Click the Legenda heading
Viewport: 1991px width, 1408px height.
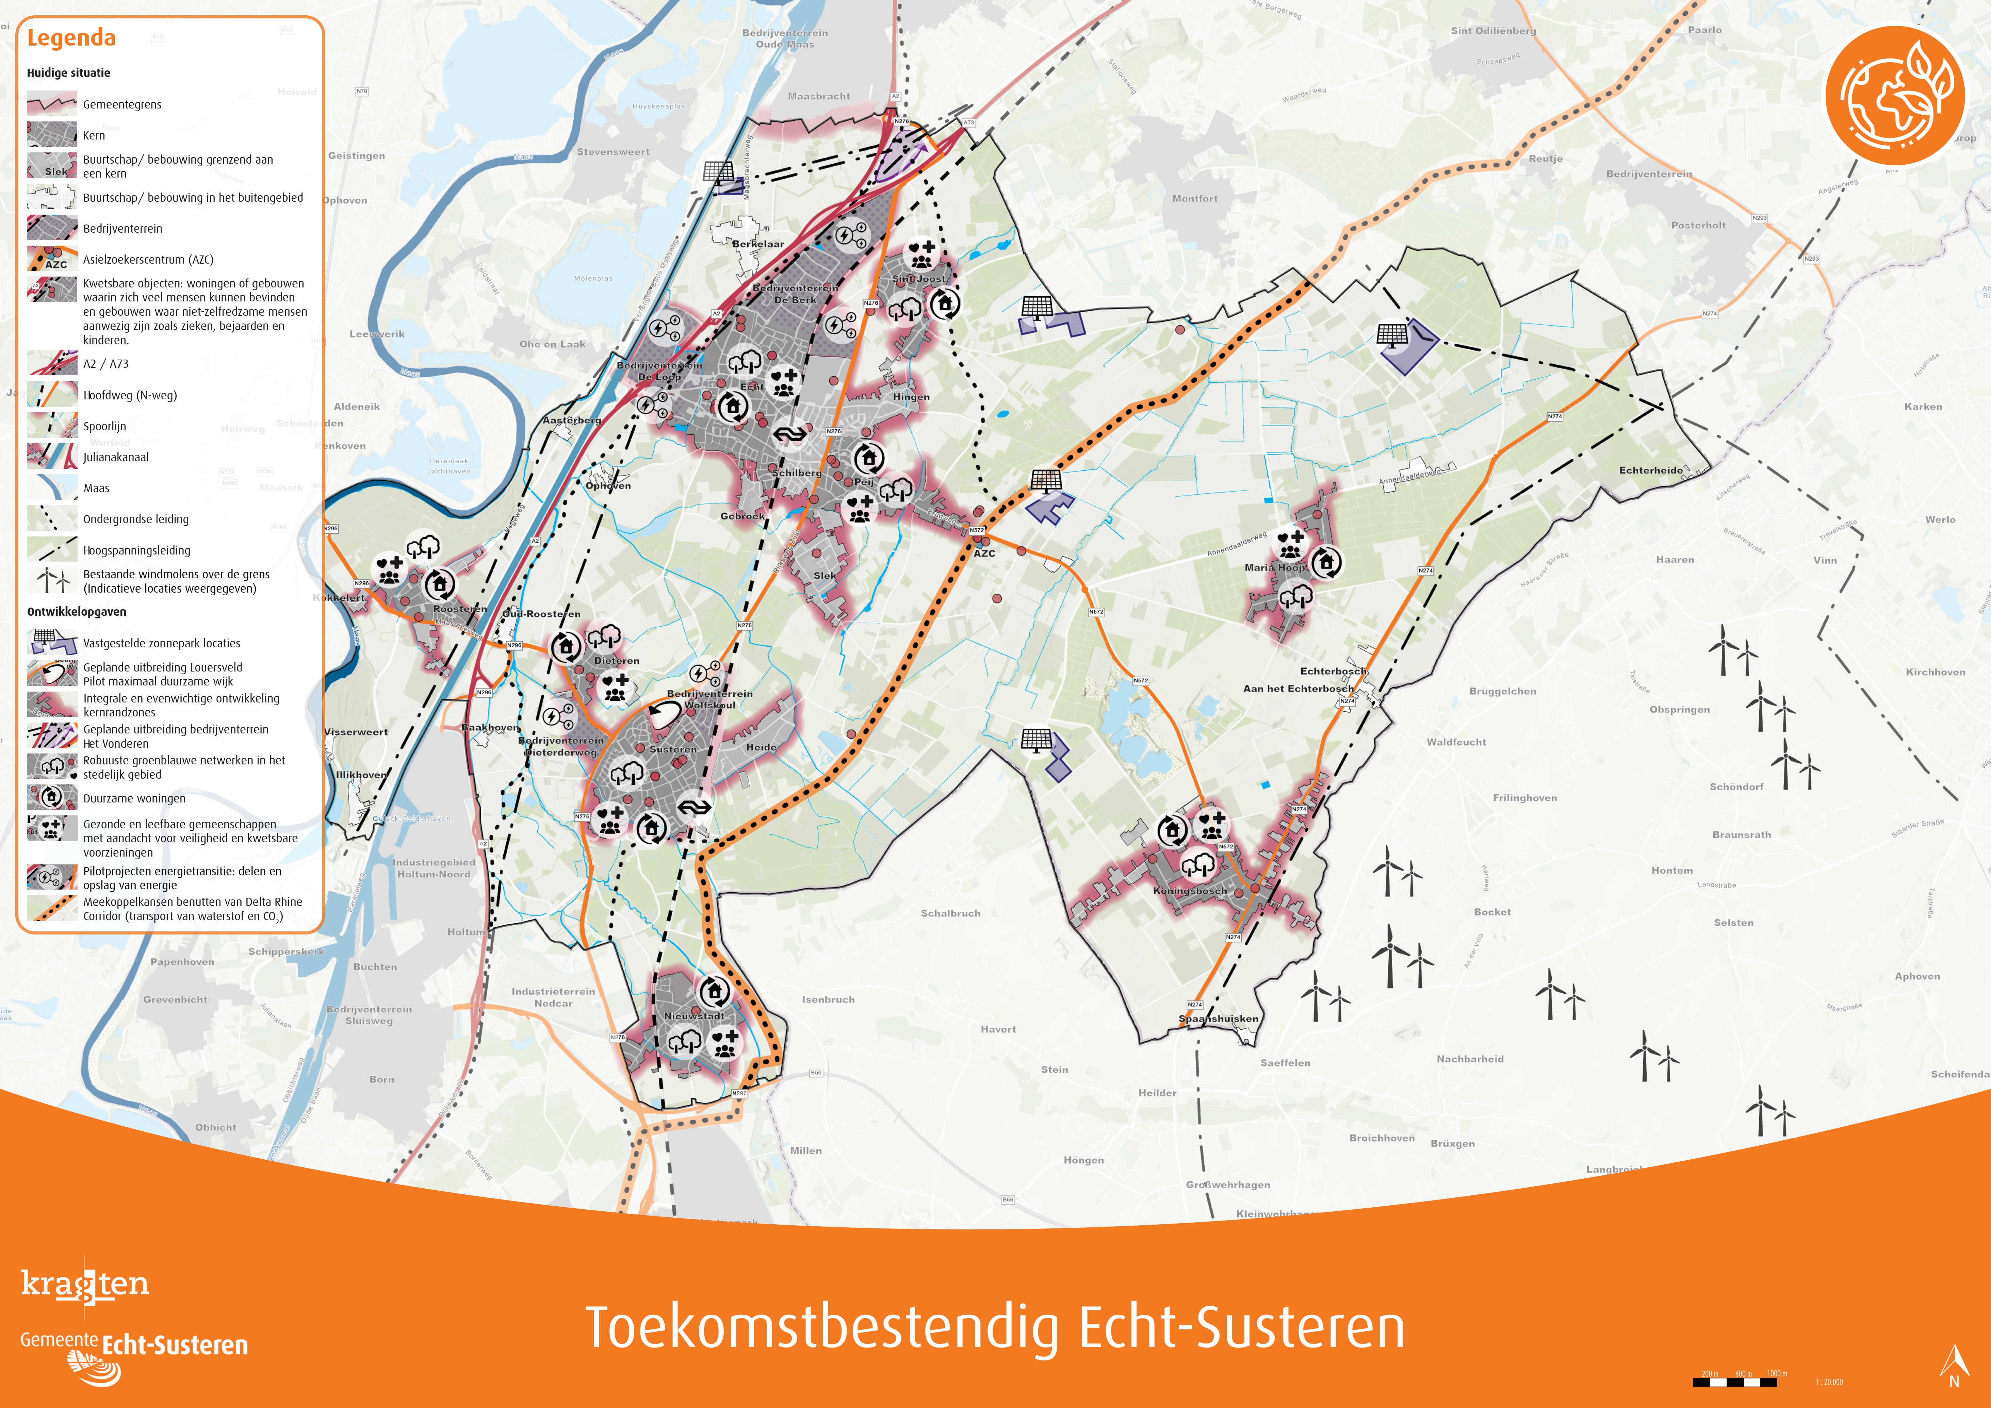[x=71, y=38]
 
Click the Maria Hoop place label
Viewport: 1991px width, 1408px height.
[x=1274, y=568]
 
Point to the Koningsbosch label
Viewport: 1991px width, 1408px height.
[x=1190, y=890]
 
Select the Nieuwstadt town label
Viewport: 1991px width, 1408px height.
[x=694, y=1016]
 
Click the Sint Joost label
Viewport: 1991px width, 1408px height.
[x=919, y=279]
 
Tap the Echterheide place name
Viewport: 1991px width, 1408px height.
[x=1650, y=471]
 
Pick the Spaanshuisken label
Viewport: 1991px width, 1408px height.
[x=1218, y=1019]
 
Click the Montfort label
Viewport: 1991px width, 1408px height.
[x=1195, y=199]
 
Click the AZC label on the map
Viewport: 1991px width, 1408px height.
[x=984, y=553]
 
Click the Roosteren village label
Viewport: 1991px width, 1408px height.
[x=460, y=609]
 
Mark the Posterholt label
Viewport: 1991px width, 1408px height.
[x=1698, y=226]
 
